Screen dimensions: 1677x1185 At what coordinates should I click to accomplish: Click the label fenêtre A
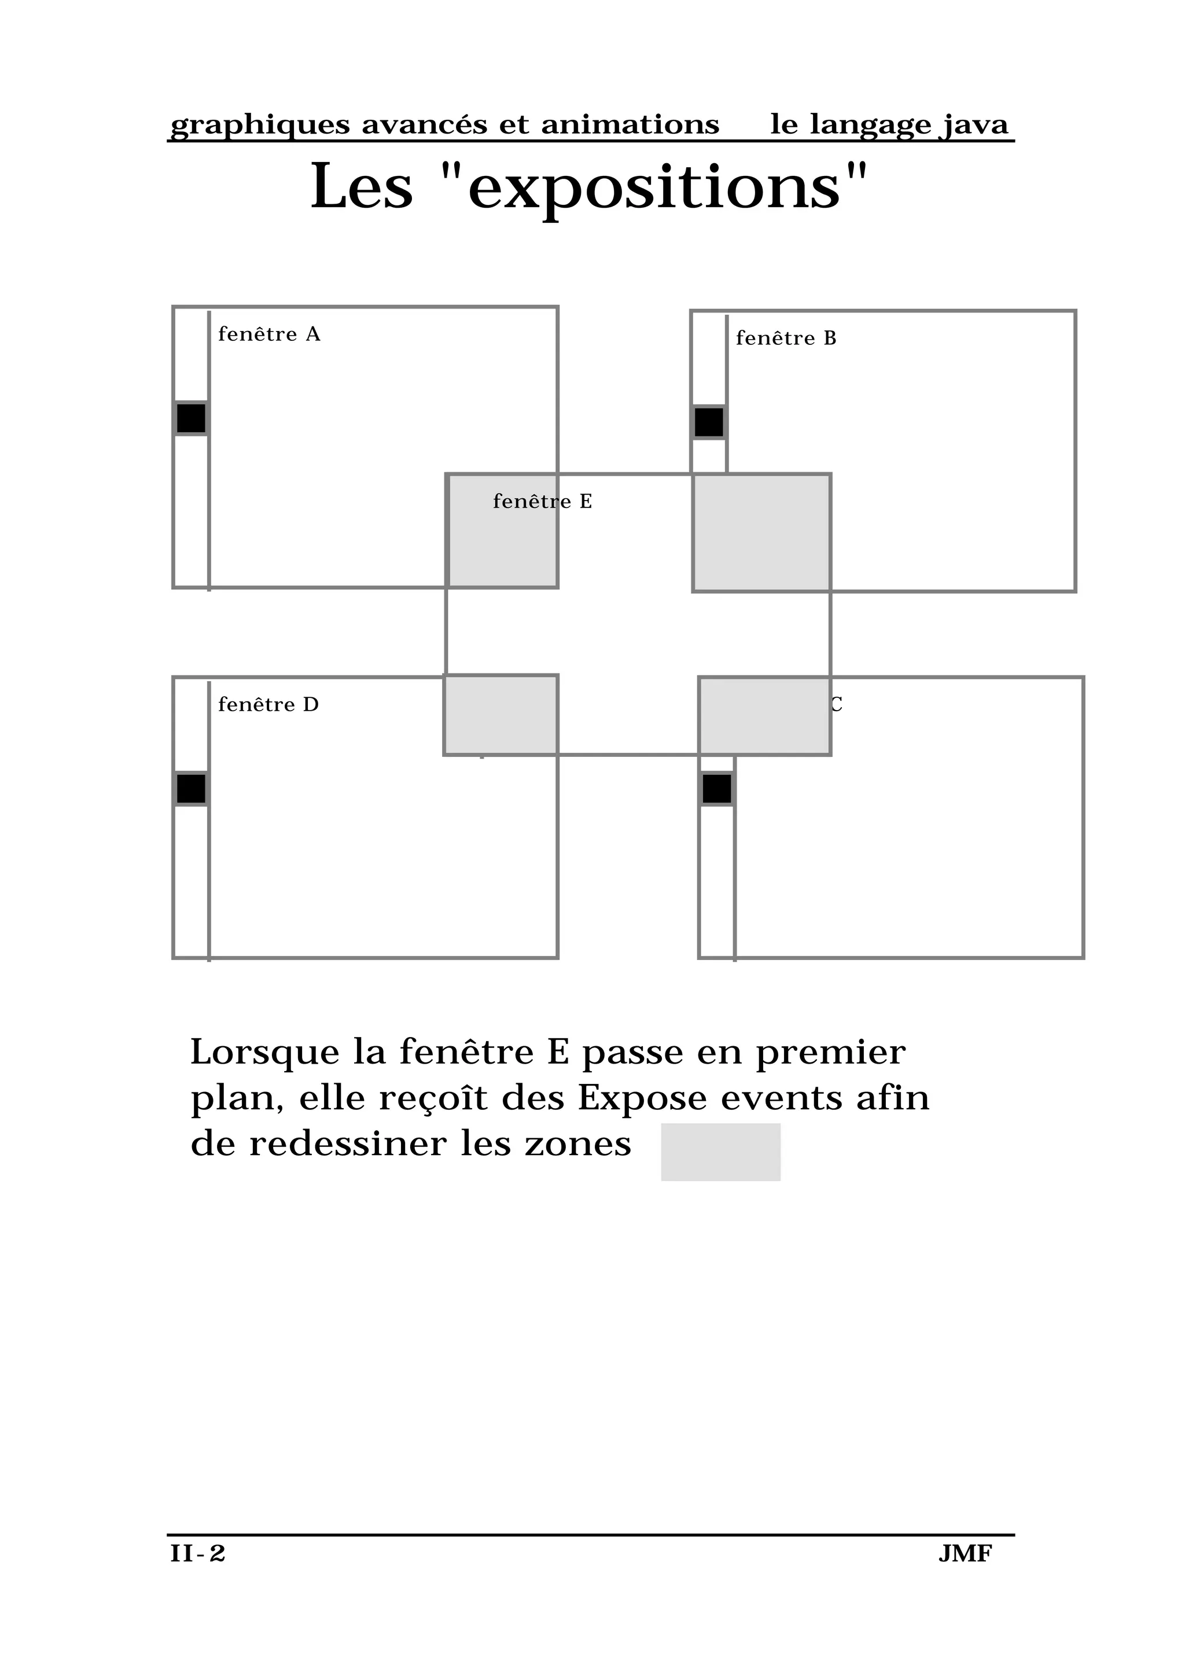click(268, 334)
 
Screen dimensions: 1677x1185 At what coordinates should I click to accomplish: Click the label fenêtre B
click(786, 338)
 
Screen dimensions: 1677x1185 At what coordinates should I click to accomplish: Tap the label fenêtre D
click(268, 705)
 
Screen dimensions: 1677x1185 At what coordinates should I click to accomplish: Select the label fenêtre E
click(542, 502)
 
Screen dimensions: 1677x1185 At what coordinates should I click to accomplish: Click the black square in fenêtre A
click(192, 418)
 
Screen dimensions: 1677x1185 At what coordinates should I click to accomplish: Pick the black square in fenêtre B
click(708, 422)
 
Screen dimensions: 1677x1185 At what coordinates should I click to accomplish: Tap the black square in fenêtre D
click(192, 789)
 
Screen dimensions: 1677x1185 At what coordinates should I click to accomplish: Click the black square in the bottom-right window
click(716, 789)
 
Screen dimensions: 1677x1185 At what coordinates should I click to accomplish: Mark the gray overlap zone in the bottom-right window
click(764, 716)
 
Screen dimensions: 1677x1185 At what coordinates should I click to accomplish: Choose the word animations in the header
click(630, 125)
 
